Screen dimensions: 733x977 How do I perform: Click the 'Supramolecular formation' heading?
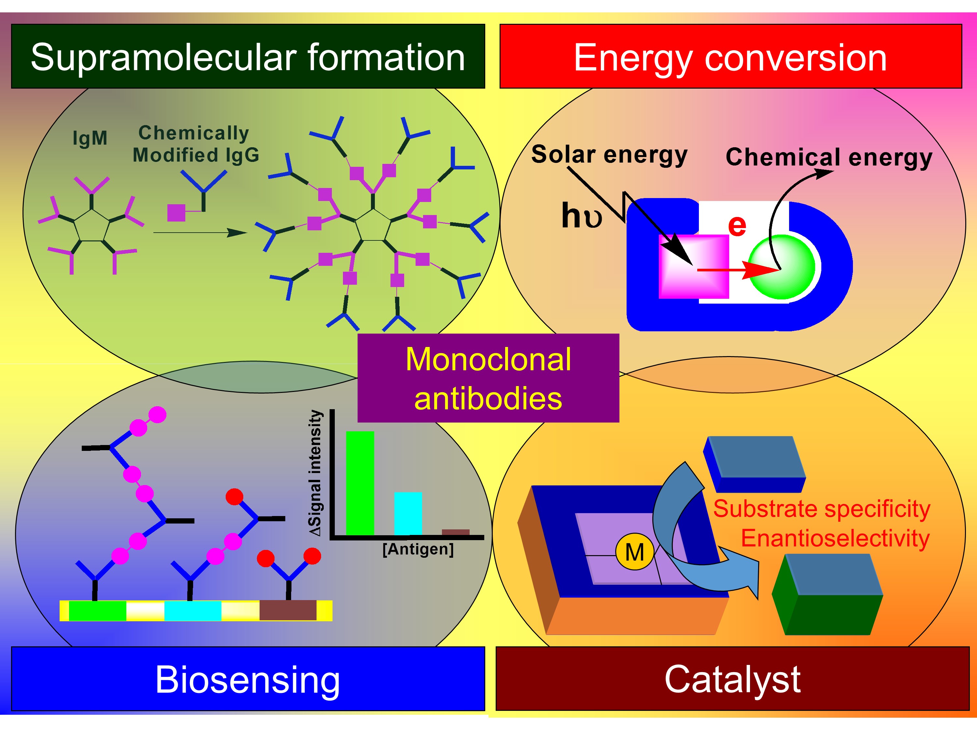coord(248,57)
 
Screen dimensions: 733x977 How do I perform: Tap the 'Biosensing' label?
coord(248,679)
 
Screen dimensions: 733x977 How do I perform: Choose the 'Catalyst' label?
coord(732,679)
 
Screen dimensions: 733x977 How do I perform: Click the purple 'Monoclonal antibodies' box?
coord(488,378)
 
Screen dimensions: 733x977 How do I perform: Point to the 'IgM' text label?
coord(90,138)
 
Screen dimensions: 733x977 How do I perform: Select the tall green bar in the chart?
coord(360,483)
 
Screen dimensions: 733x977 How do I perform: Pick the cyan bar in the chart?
coord(408,513)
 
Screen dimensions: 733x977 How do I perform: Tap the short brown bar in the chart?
coord(455,532)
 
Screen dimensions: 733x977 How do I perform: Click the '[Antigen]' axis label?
coord(418,549)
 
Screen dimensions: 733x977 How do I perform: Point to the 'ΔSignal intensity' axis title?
coord(315,473)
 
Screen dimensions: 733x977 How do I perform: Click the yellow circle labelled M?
coord(635,552)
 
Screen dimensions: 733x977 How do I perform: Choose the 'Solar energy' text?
coord(609,155)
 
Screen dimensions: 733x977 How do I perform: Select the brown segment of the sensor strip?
coord(288,610)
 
